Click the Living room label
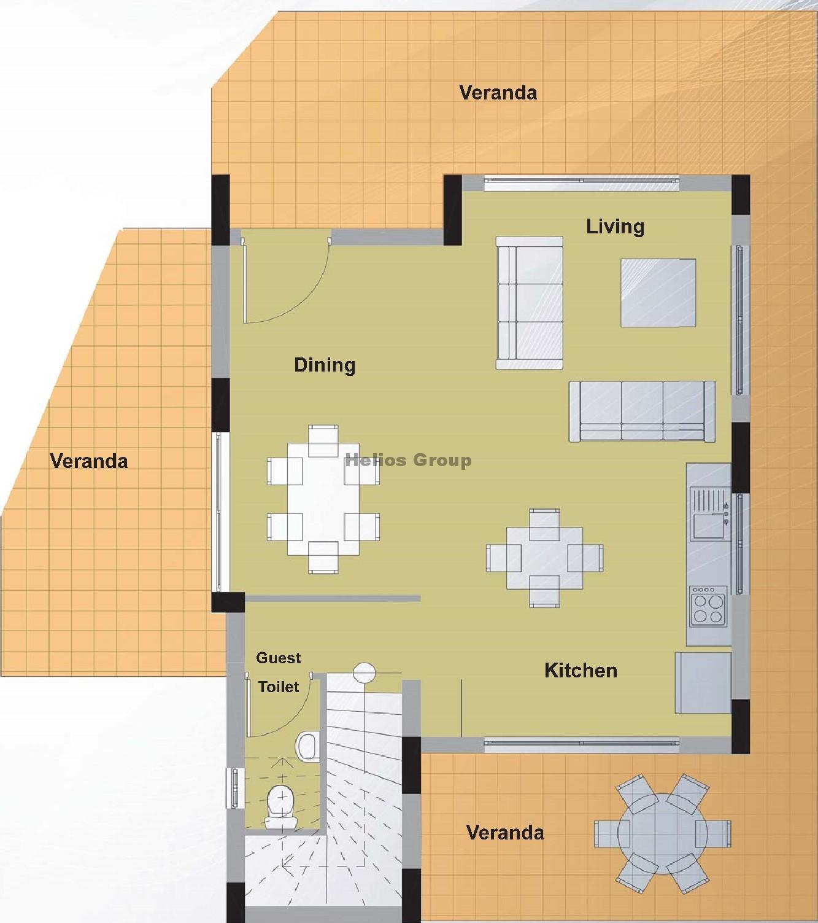(614, 227)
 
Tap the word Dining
(325, 365)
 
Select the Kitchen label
(581, 671)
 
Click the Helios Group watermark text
(408, 460)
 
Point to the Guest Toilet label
(279, 672)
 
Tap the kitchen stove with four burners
(708, 606)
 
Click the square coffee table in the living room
(658, 293)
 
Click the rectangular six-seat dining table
(323, 499)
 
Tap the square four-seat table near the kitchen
(545, 558)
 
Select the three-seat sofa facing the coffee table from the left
(530, 303)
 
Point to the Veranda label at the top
(498, 93)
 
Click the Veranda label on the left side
(89, 461)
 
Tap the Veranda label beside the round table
(505, 833)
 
